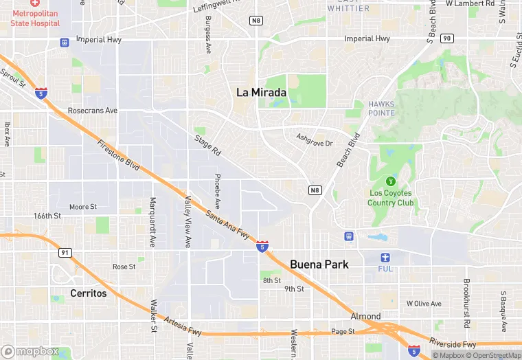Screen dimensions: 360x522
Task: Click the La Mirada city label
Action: point(261,92)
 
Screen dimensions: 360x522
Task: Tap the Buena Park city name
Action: point(319,264)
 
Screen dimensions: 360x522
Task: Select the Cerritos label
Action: point(89,293)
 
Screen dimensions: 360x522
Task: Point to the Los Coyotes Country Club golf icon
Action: point(391,181)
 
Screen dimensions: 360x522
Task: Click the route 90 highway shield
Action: point(447,38)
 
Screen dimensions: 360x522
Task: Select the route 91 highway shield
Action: point(65,253)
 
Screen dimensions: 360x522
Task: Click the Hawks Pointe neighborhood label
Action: point(381,109)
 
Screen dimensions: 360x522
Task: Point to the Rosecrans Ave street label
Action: point(93,110)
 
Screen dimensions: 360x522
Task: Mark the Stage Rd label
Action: point(207,145)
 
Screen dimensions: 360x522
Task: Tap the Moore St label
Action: point(83,206)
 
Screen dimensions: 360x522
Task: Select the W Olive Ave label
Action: point(424,303)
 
